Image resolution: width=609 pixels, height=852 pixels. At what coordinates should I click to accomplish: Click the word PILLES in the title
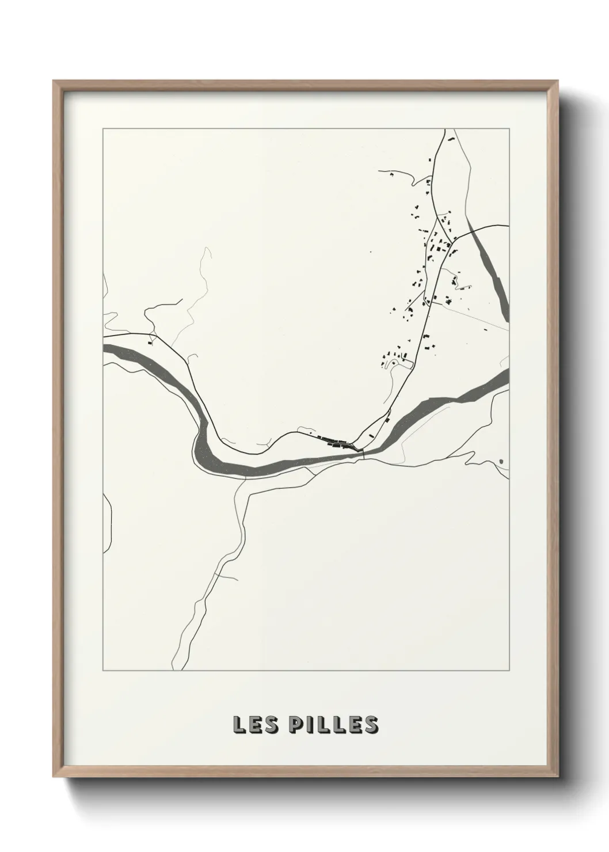(334, 725)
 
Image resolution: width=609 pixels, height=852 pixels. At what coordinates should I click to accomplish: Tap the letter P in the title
(298, 725)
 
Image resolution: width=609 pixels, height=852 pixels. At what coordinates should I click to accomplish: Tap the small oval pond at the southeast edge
(501, 461)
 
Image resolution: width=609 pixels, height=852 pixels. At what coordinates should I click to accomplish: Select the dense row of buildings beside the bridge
(337, 443)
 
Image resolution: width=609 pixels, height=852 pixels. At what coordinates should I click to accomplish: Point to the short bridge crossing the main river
(364, 455)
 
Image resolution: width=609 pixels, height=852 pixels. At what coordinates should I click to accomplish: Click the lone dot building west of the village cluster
(371, 252)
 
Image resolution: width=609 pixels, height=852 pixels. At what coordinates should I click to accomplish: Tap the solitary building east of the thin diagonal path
(486, 329)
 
